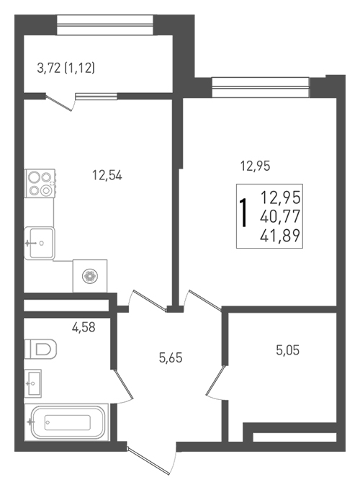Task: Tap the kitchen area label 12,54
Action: (x=107, y=176)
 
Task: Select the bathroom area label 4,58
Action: (x=84, y=327)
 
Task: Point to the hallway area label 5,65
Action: (x=171, y=357)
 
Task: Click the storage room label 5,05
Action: (x=287, y=350)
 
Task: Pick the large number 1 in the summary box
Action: (x=243, y=213)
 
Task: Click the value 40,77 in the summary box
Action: (x=280, y=216)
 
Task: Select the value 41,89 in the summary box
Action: (x=280, y=236)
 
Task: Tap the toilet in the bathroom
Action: (x=40, y=349)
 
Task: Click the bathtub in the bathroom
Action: (x=66, y=422)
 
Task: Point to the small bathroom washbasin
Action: (x=33, y=383)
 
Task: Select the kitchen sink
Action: (x=40, y=243)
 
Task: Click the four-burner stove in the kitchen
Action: (x=40, y=184)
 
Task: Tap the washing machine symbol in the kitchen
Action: (x=90, y=276)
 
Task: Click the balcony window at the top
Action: (x=105, y=25)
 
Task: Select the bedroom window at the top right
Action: (x=261, y=87)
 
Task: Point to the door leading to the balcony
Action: (x=60, y=102)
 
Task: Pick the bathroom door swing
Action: (x=123, y=386)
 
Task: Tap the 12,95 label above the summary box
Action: (x=255, y=166)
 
